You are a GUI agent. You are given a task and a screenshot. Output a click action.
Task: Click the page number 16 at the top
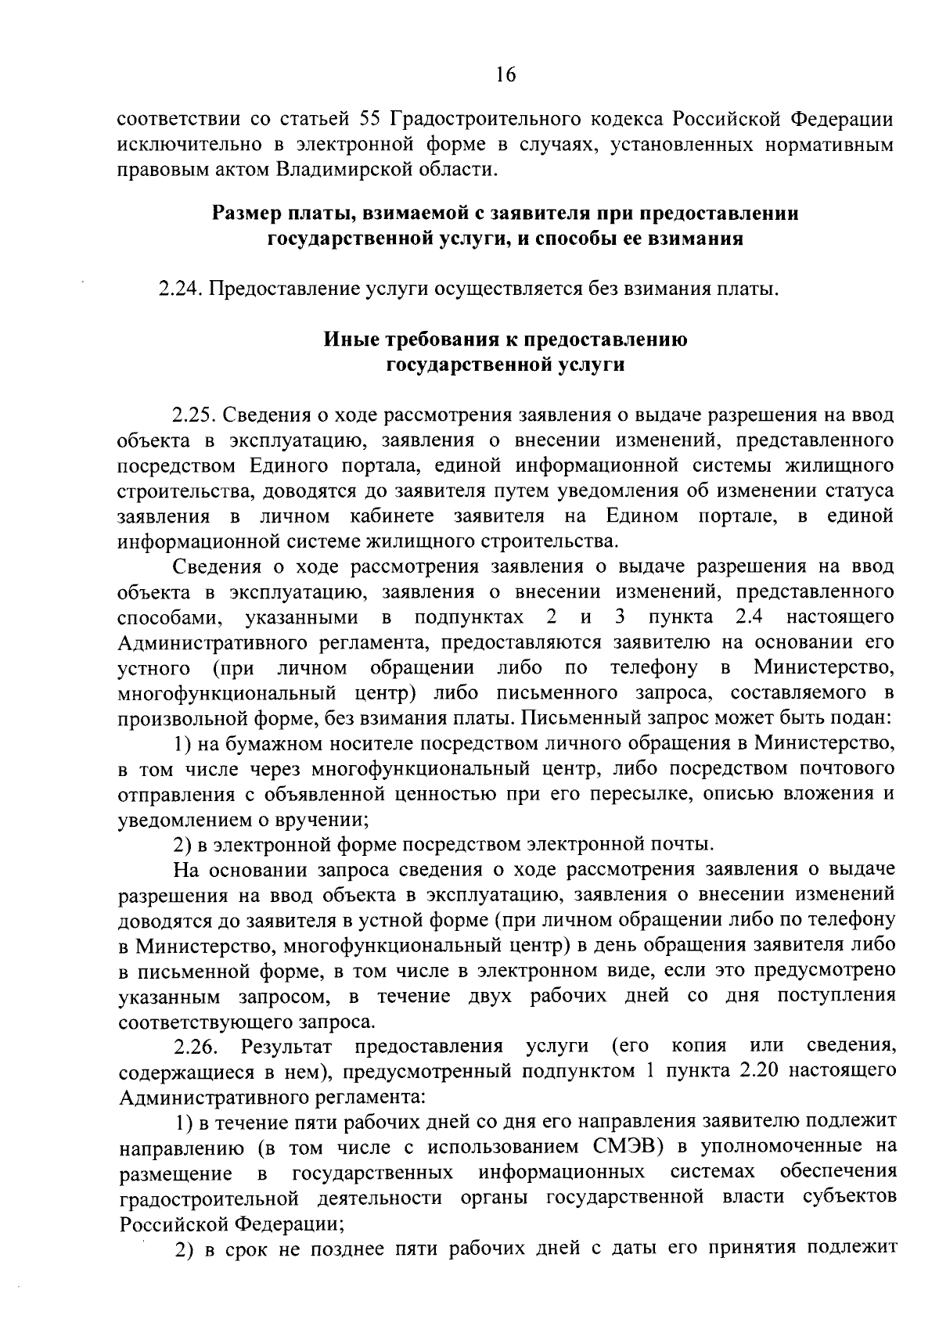(506, 75)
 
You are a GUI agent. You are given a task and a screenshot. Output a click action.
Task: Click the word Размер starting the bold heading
(245, 214)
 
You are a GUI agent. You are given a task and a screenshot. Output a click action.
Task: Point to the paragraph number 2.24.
(182, 290)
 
